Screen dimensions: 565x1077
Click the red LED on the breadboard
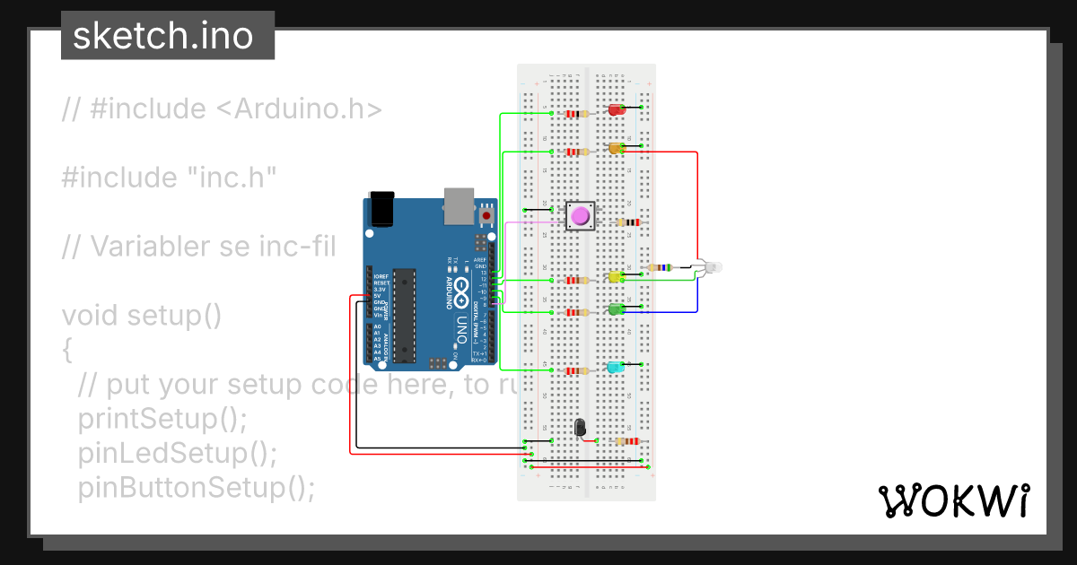click(617, 109)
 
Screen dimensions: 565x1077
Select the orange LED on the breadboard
click(616, 148)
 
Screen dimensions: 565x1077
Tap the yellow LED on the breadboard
click(616, 277)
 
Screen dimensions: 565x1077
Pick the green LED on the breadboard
click(616, 309)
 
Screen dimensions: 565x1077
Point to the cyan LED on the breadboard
click(616, 368)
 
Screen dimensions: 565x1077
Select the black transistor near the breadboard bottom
click(580, 428)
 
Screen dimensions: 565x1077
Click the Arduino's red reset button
click(486, 216)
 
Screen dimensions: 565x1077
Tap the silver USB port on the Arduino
click(459, 206)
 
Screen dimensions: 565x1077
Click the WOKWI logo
click(953, 500)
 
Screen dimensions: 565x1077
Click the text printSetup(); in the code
click(162, 418)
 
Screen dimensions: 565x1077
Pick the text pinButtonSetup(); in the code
click(197, 487)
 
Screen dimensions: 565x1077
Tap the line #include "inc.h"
click(169, 177)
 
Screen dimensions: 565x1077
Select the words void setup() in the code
click(141, 315)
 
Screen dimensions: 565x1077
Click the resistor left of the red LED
click(574, 114)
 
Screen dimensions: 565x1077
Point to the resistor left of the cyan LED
click(574, 370)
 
